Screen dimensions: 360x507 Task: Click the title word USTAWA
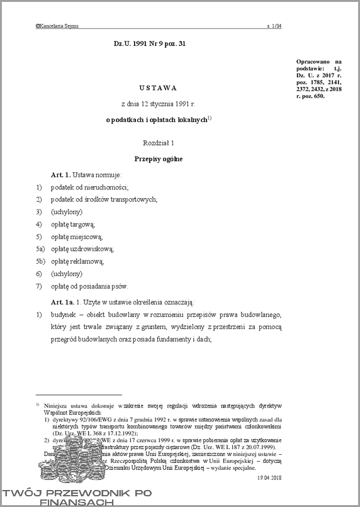[159, 87]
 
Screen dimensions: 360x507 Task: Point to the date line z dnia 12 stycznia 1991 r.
[159, 103]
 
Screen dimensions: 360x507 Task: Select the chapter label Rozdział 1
[159, 143]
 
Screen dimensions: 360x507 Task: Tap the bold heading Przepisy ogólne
[159, 159]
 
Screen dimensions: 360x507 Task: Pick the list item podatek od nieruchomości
[90, 187]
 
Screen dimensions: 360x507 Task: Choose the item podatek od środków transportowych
[104, 199]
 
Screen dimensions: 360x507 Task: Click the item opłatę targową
[73, 224]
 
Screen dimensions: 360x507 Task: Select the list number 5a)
[40, 249]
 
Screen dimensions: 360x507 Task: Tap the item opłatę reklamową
[77, 261]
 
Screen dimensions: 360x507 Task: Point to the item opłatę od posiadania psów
[89, 286]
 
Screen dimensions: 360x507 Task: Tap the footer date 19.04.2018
[269, 479]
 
